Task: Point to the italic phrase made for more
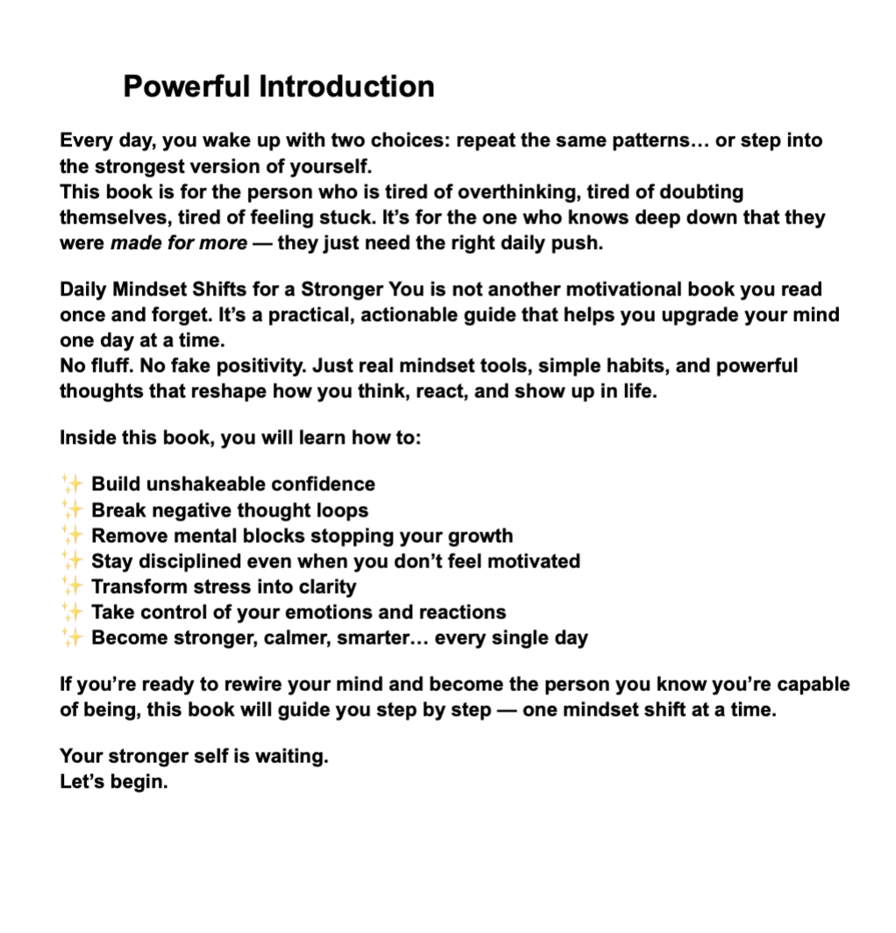coord(179,243)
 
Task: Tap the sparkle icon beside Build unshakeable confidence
coord(72,484)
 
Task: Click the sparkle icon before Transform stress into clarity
coord(72,587)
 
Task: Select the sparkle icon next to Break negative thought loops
coord(72,509)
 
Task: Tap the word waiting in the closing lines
coord(291,755)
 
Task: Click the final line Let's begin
coord(113,780)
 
